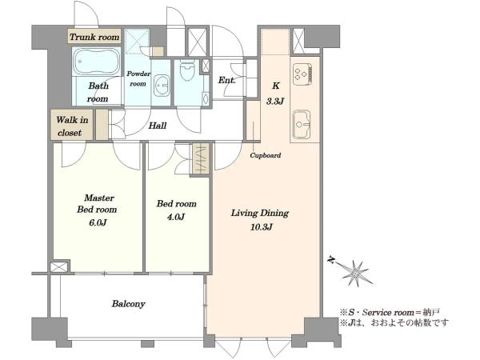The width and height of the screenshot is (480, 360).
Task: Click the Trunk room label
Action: point(94,37)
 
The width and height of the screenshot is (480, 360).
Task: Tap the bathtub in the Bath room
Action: point(97,62)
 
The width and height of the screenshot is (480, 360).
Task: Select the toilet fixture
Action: point(187,70)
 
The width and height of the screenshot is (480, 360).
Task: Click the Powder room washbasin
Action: point(162,86)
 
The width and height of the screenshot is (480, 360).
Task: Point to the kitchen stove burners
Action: point(302,74)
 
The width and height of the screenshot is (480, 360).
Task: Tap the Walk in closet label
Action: point(72,126)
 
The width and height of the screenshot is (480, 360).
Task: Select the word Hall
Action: point(158,126)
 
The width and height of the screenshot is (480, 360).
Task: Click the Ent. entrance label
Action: point(227,81)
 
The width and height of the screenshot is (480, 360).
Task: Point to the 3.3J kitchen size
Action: point(275,101)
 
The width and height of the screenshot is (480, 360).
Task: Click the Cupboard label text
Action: point(266,155)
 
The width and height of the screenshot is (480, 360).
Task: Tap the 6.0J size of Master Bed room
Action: point(98,222)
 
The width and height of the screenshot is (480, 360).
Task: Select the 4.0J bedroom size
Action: point(176,217)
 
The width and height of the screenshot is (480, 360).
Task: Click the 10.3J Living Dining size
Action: point(262,227)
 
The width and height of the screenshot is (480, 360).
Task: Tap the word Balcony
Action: point(128,304)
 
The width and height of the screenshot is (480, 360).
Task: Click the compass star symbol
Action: point(355,274)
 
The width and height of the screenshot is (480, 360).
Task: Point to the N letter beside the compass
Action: point(330,260)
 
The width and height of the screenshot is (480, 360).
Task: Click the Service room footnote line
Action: point(390,313)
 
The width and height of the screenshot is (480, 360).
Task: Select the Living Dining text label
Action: point(260,213)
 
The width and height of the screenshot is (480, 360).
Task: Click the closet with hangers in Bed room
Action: point(201,159)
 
